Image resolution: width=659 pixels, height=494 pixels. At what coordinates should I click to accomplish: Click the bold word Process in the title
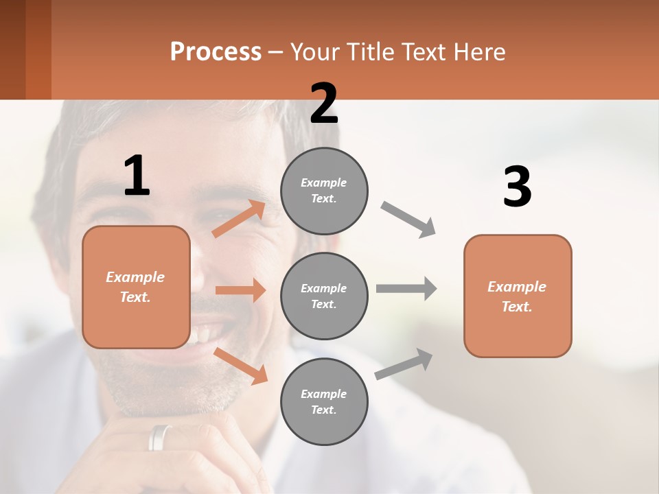[x=216, y=52]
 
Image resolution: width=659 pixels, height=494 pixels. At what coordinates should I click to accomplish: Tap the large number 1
[x=137, y=176]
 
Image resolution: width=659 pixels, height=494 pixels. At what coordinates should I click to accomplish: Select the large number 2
[x=324, y=104]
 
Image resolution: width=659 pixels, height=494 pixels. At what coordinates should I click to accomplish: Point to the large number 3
[x=517, y=187]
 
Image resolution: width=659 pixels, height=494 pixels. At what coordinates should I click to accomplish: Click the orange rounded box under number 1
[x=136, y=287]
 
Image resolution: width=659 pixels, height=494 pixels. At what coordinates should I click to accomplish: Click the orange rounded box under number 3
[x=518, y=296]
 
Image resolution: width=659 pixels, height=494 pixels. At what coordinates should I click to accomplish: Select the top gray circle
[x=324, y=190]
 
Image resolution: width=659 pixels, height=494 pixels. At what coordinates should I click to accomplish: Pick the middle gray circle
[x=324, y=296]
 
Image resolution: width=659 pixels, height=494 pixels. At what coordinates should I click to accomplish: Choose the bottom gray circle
[x=324, y=401]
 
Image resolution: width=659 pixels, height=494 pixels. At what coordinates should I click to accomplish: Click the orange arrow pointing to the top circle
[x=239, y=218]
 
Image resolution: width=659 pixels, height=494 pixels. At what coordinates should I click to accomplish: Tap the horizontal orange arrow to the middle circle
[x=240, y=290]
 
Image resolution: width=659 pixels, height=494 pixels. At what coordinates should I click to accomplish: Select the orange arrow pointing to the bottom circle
[x=241, y=365]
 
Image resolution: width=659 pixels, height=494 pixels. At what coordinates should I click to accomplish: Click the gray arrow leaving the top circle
[x=408, y=220]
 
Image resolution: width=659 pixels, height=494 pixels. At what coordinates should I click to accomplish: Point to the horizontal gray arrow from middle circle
[x=406, y=288]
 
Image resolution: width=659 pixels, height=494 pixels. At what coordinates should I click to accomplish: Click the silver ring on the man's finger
[x=160, y=437]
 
